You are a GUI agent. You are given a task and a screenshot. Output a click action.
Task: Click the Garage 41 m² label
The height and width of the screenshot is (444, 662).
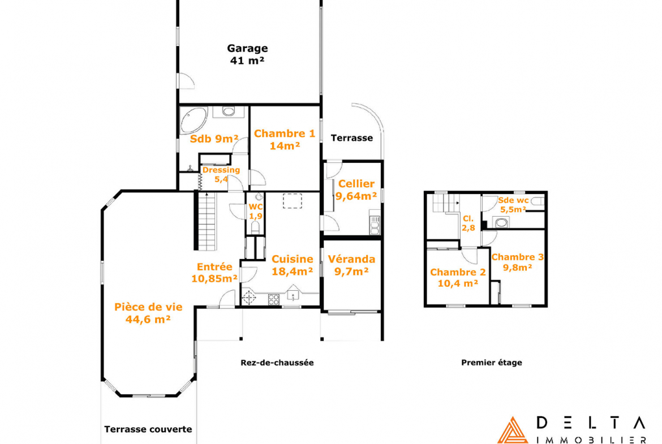coord(247,54)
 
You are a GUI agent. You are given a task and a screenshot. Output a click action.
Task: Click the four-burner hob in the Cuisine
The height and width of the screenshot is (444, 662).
coord(274,300)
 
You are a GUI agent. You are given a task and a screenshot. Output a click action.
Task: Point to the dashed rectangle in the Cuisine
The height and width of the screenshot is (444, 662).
coord(292,201)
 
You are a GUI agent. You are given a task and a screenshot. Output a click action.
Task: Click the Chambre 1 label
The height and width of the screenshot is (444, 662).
coord(285,140)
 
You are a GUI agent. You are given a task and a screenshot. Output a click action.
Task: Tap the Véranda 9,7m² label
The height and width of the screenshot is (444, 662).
coord(351,265)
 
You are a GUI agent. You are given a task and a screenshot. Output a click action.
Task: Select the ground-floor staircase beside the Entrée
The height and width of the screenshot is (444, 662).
coord(207,221)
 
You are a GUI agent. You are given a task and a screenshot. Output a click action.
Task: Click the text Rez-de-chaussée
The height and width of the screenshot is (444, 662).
coord(277,363)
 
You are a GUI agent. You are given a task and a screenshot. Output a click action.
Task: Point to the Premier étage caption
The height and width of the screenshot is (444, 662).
coord(492,363)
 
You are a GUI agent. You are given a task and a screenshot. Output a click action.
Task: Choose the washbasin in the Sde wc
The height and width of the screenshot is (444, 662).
coord(501,222)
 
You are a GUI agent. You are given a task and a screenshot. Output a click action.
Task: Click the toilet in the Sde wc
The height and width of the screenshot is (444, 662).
coord(537,202)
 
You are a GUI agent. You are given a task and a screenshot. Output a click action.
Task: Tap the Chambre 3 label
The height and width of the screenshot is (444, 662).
coord(518,262)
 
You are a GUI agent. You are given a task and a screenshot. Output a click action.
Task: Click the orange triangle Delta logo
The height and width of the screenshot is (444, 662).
coord(513,432)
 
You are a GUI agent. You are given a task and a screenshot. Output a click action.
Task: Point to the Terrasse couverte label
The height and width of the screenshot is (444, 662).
coord(148,429)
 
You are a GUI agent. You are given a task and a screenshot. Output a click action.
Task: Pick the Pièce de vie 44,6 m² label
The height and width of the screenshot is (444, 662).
coord(148,313)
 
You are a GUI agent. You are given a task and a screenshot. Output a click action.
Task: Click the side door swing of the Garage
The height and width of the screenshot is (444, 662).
coord(186,81)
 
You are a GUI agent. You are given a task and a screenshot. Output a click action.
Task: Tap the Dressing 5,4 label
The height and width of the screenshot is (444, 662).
coord(221,174)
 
